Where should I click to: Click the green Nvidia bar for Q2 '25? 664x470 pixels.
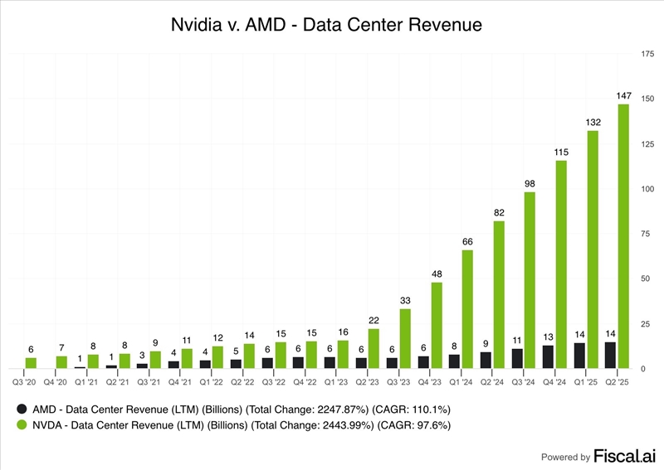(x=623, y=236)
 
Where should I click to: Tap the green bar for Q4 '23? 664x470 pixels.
(x=437, y=325)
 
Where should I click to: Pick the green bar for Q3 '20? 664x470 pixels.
(x=31, y=363)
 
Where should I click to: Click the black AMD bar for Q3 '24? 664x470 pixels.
(x=517, y=358)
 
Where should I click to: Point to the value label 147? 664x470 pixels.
(x=623, y=96)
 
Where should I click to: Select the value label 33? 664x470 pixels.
(x=405, y=300)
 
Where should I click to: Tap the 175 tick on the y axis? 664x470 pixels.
(x=647, y=54)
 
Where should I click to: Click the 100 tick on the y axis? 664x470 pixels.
(x=647, y=189)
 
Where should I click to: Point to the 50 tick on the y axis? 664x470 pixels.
(x=647, y=279)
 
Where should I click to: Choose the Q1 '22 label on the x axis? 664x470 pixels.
(x=211, y=381)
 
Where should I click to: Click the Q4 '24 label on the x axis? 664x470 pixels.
(x=554, y=381)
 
